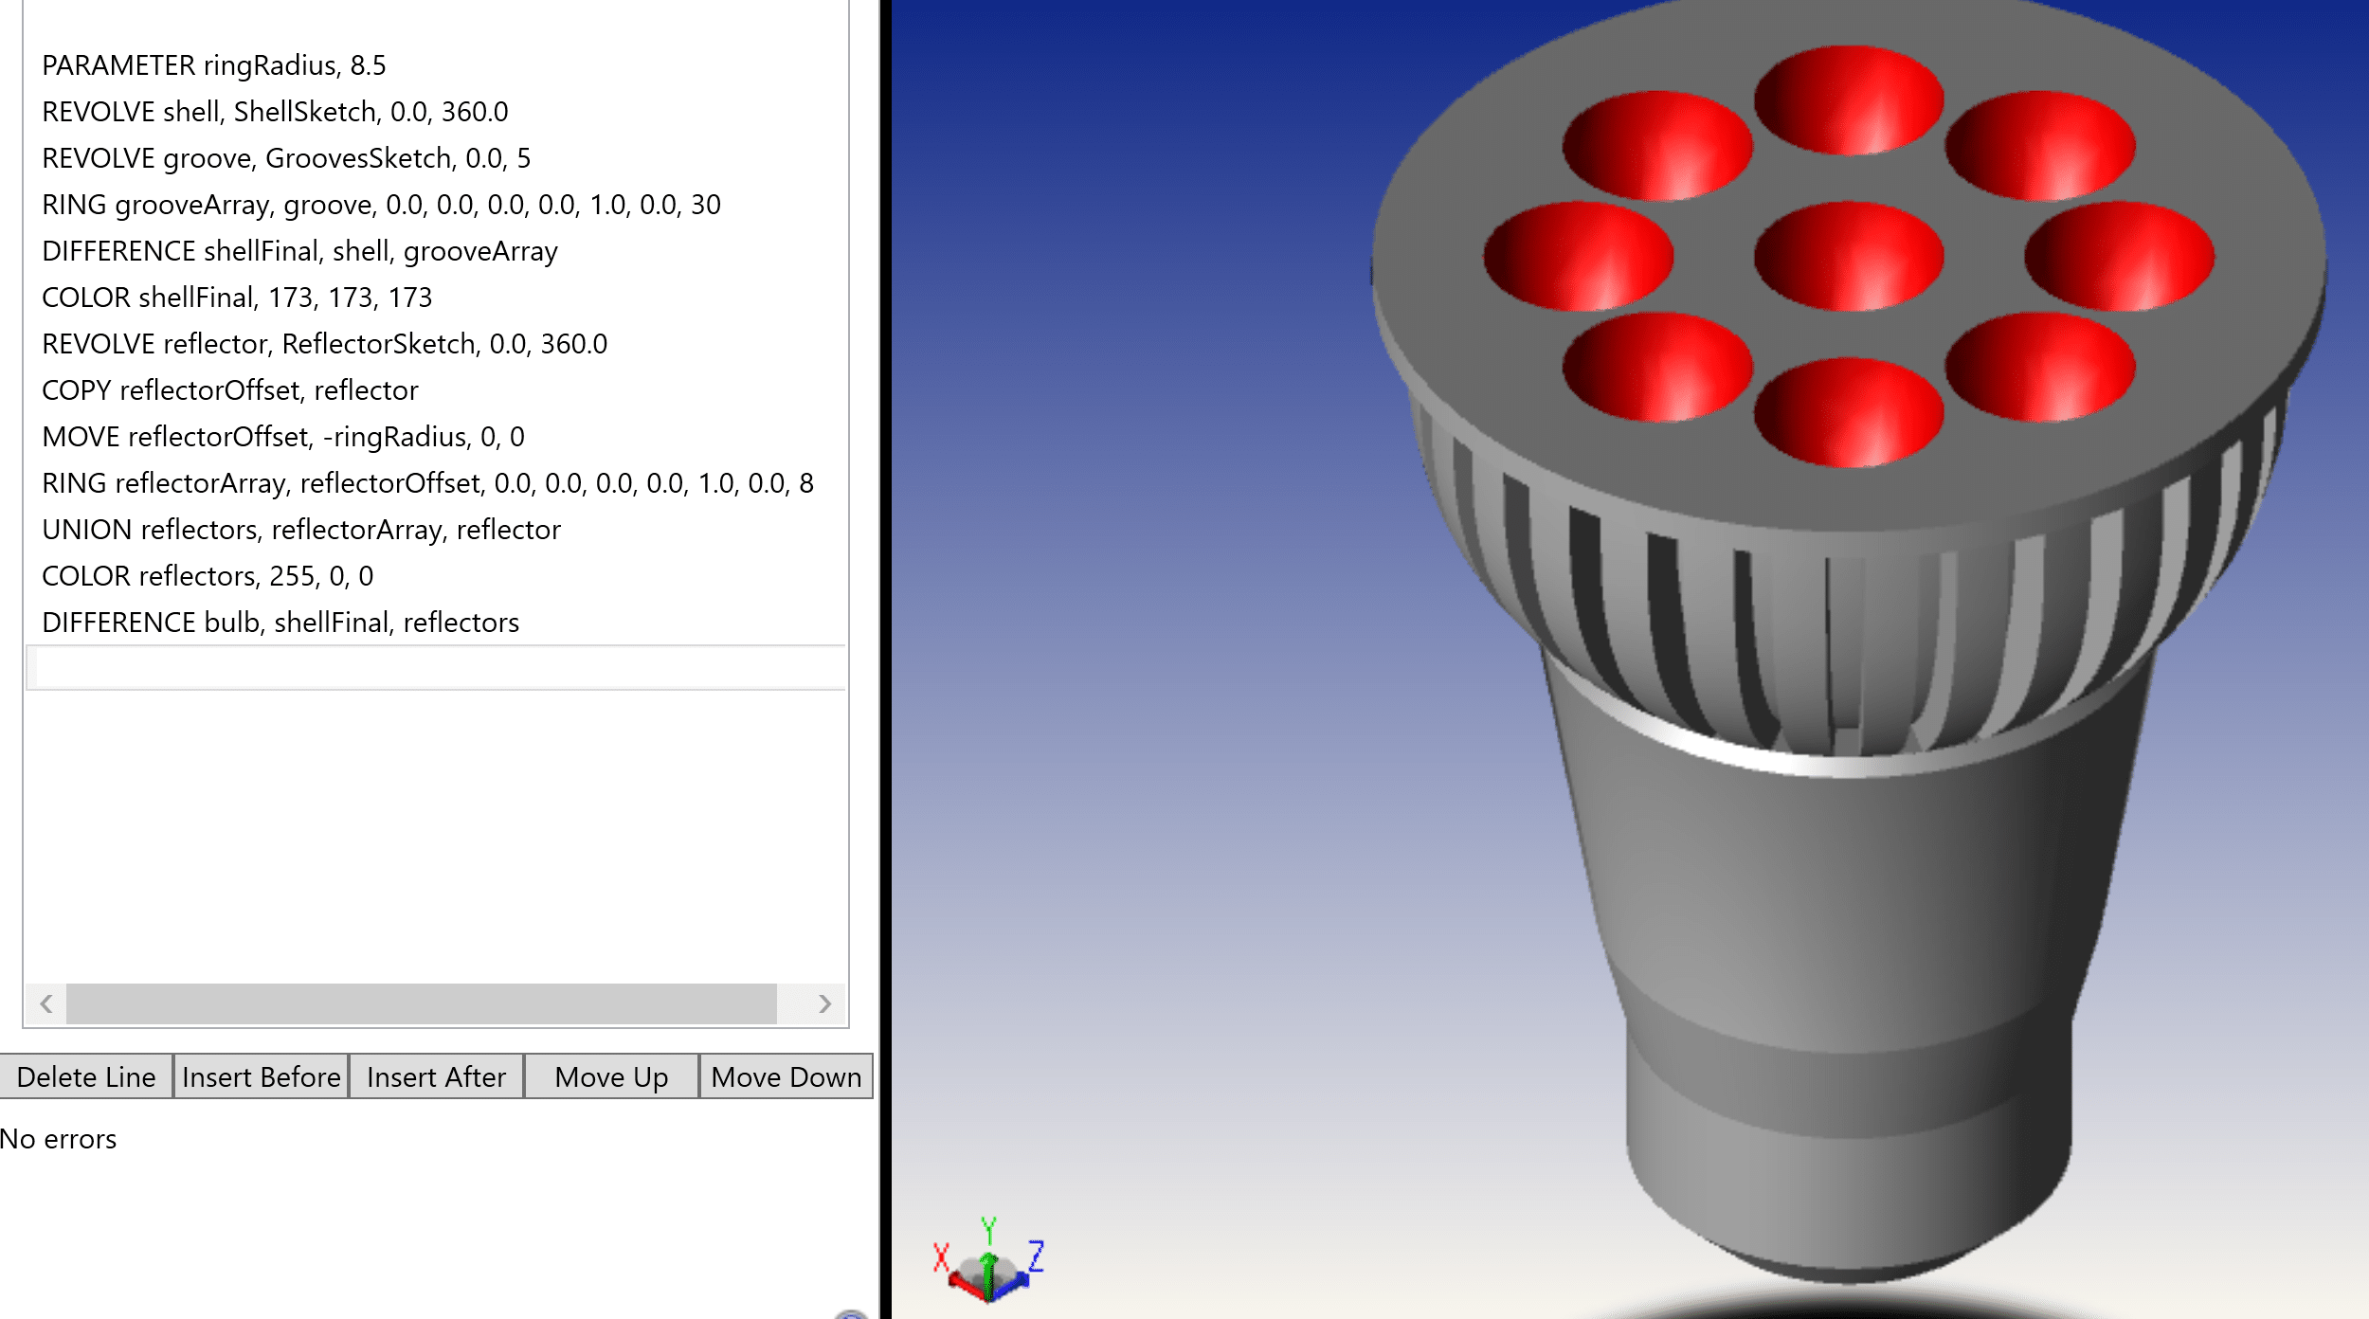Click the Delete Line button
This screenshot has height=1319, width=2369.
(x=86, y=1076)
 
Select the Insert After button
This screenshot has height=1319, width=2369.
(x=436, y=1076)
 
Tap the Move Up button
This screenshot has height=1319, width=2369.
(x=611, y=1076)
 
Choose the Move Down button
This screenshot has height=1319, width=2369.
(x=786, y=1076)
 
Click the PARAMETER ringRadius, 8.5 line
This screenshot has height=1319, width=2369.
(x=214, y=65)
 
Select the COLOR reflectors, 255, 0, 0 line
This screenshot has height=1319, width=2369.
(x=208, y=576)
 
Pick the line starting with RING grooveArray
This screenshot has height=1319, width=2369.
(x=381, y=205)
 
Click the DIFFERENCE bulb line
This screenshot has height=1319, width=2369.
(x=280, y=623)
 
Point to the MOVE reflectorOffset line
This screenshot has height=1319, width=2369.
(x=282, y=437)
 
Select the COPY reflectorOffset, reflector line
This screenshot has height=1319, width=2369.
(x=230, y=390)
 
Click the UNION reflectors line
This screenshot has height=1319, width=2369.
(x=301, y=530)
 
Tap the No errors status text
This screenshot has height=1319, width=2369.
(x=59, y=1139)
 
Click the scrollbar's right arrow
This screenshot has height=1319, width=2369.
(x=824, y=1003)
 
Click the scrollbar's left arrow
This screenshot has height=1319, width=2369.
(x=45, y=1003)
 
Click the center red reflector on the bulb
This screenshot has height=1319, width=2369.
(x=1848, y=256)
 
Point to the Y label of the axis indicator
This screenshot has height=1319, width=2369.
(x=988, y=1230)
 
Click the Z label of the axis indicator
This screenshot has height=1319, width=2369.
(x=1036, y=1256)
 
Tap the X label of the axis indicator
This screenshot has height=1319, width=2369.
(x=940, y=1257)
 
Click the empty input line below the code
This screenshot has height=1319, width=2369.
(x=436, y=668)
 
